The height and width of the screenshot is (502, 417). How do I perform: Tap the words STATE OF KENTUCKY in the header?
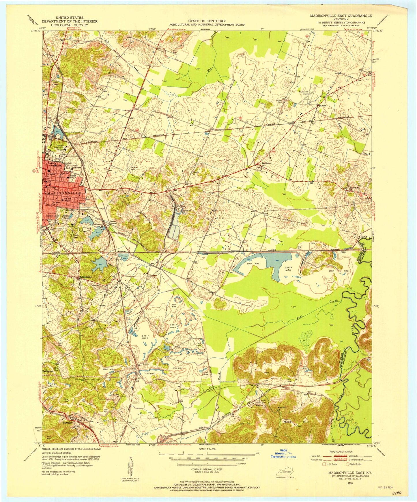(207, 21)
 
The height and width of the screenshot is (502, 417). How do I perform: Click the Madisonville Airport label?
(305, 92)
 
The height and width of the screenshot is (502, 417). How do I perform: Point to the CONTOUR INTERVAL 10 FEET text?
(207, 469)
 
